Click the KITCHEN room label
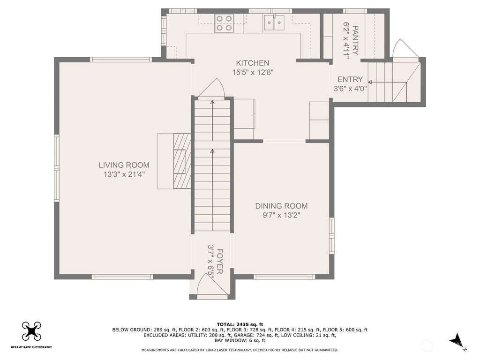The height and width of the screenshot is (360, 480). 252,63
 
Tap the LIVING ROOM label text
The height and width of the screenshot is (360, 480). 124,165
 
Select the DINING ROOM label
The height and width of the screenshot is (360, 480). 281,206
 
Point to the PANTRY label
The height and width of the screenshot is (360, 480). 355,40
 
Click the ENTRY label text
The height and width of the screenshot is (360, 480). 350,80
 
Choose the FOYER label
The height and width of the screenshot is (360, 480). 220,261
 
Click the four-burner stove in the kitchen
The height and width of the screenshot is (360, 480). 224,23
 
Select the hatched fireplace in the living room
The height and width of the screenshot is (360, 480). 182,161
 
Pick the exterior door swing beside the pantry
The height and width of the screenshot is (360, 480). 405,48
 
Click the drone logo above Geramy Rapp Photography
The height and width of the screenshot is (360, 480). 31,331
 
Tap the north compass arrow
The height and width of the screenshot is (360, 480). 457,340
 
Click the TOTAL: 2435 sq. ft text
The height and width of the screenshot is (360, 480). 240,324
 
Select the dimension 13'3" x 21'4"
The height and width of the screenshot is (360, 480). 124,174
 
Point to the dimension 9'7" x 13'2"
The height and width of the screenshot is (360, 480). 281,215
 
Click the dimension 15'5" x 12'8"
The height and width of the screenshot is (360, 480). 252,73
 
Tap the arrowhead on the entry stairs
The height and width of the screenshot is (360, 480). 370,82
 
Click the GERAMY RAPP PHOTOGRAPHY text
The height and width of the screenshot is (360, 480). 31,347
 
